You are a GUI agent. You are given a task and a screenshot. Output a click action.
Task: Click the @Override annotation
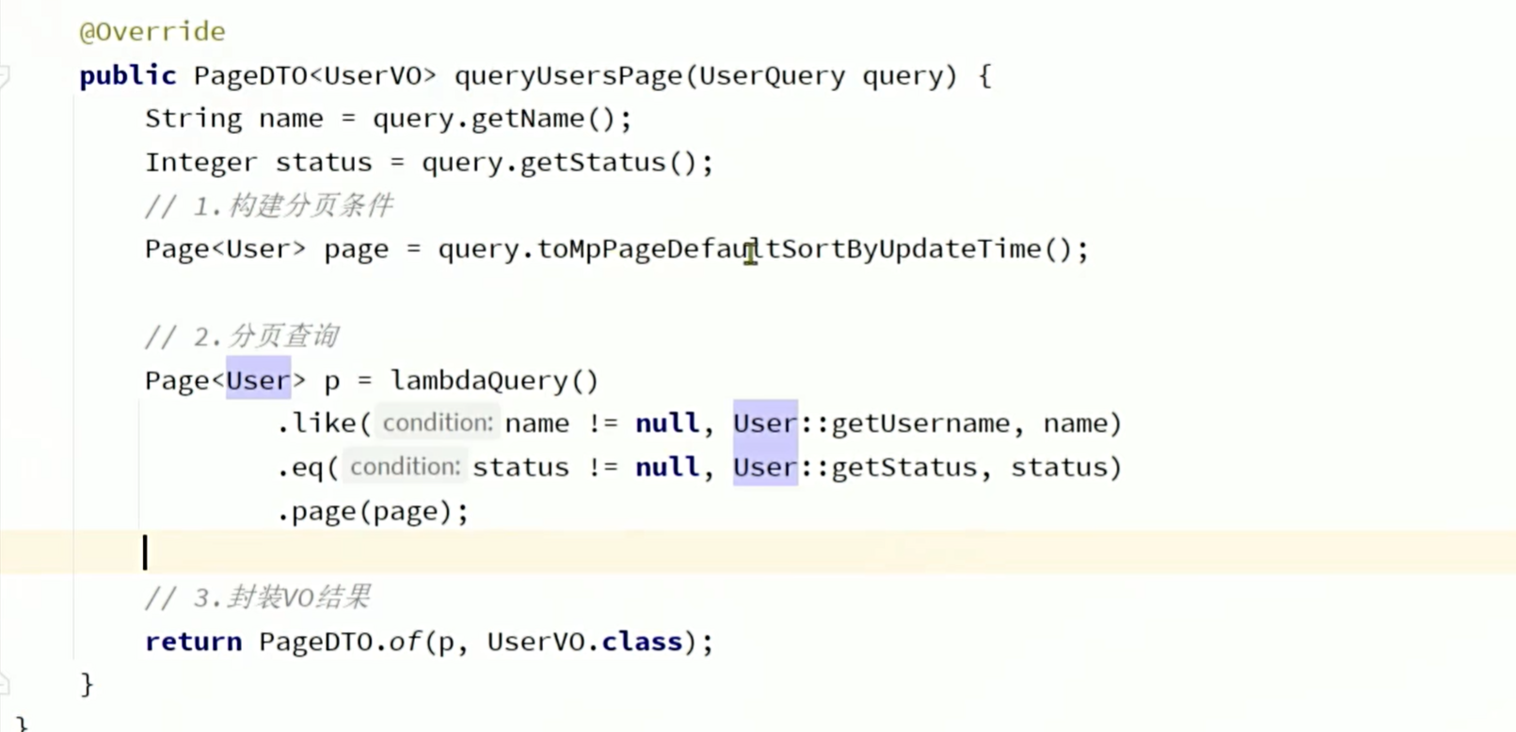[152, 32]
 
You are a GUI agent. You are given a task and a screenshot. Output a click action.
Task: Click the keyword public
[127, 75]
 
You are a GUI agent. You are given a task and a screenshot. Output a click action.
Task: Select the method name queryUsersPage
[569, 75]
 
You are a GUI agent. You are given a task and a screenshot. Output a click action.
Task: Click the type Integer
[200, 163]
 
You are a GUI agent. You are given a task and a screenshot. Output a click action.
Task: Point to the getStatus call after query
[592, 163]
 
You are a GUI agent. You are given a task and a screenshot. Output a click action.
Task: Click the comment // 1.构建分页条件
[269, 206]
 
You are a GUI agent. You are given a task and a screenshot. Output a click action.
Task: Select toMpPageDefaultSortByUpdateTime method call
[789, 249]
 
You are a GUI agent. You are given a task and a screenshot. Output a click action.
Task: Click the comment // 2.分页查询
[242, 336]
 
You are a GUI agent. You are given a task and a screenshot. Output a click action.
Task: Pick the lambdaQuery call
[479, 380]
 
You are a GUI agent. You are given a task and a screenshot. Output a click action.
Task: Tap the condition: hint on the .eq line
[405, 467]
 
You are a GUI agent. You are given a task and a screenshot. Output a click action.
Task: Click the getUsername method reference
[919, 423]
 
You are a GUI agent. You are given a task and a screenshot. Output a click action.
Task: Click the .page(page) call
[372, 511]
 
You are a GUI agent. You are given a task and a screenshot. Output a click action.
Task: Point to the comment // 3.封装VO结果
[258, 597]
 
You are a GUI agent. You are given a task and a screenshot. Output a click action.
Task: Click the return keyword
[193, 642]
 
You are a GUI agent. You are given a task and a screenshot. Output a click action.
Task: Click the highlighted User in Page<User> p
[258, 380]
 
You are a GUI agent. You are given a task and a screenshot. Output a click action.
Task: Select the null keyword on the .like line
[666, 423]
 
